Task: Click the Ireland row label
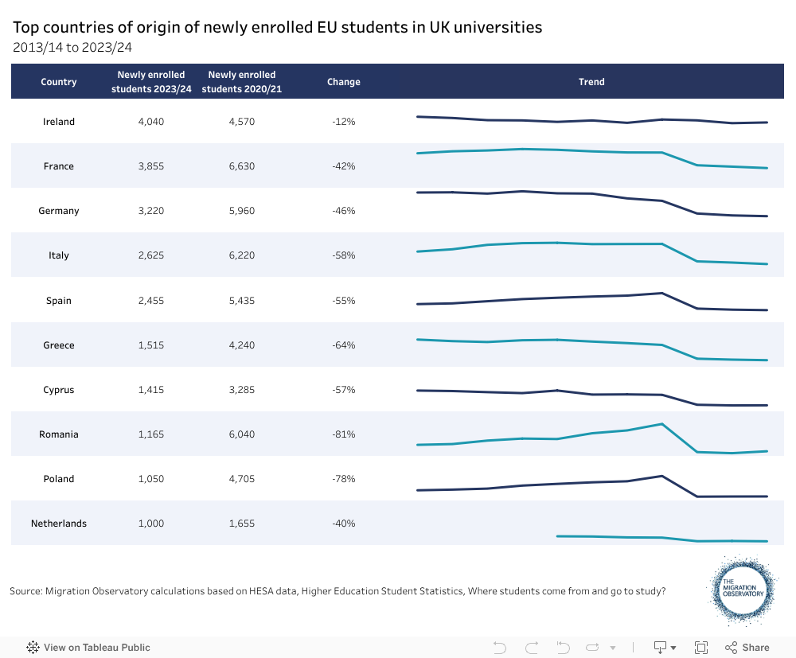coord(59,122)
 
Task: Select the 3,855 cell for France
coord(151,166)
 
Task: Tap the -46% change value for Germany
coord(344,211)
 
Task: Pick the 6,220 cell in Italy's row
coord(241,255)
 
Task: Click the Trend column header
coord(591,82)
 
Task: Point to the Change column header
coord(344,82)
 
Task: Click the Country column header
coord(59,82)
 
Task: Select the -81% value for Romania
coord(344,434)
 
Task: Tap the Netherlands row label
coord(59,524)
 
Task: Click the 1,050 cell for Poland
coord(151,479)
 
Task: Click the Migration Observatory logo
coord(742,590)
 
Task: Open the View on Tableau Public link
coord(88,648)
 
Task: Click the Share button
coord(747,648)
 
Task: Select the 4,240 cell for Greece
coord(241,345)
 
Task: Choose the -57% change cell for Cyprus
coord(344,390)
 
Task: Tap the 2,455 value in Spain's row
coord(151,301)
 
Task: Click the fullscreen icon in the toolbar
coord(701,648)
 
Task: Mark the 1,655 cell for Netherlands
coord(241,524)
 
